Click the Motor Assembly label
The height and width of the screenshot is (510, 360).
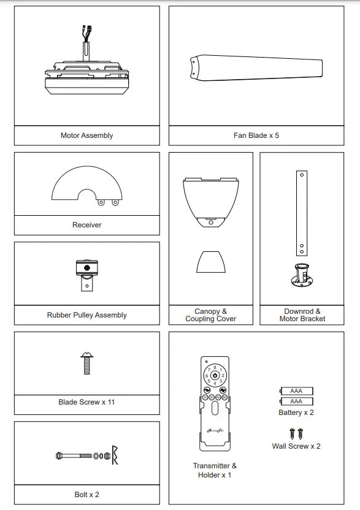click(x=86, y=135)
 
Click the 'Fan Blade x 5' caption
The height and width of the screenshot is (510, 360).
click(x=256, y=135)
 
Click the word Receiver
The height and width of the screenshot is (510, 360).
click(x=86, y=225)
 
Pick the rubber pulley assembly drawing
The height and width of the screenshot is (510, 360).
click(x=86, y=274)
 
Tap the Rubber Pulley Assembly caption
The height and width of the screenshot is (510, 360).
click(x=86, y=315)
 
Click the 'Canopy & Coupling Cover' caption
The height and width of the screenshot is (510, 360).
click(x=210, y=315)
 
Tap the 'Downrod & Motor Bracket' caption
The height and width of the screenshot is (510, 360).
click(x=302, y=315)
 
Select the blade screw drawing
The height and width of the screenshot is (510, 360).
click(x=86, y=363)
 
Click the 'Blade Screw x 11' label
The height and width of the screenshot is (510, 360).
click(x=86, y=402)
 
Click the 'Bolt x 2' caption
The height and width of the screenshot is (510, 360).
click(x=86, y=494)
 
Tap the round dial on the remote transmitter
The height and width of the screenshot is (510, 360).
click(x=215, y=375)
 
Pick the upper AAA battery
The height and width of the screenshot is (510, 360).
click(x=296, y=390)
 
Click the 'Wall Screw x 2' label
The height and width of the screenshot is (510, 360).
click(x=296, y=446)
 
